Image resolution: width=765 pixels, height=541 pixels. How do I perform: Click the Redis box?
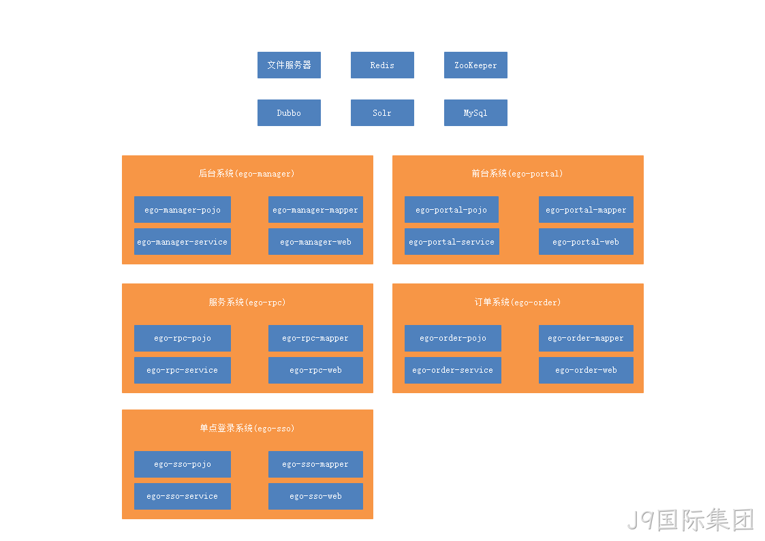pyautogui.click(x=382, y=65)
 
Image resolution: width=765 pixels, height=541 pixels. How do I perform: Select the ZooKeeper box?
pyautogui.click(x=475, y=65)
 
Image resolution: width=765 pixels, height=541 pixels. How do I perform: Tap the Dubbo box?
pyautogui.click(x=289, y=112)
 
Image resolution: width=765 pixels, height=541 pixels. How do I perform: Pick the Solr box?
pyautogui.click(x=382, y=112)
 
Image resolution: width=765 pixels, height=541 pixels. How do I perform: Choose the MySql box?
pyautogui.click(x=475, y=112)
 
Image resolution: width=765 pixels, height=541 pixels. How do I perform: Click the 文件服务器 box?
pyautogui.click(x=289, y=65)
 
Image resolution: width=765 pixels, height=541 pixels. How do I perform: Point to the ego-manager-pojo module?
pyautogui.click(x=183, y=209)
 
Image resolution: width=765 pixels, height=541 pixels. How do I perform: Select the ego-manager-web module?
pyautogui.click(x=315, y=241)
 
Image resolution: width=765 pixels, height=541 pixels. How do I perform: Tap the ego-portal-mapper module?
pyautogui.click(x=586, y=209)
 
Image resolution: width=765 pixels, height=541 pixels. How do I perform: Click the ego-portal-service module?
pyautogui.click(x=452, y=241)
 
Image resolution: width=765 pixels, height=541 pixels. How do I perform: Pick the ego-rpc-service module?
pyautogui.click(x=183, y=370)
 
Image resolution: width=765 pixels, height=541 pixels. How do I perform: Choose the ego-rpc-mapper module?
pyautogui.click(x=315, y=338)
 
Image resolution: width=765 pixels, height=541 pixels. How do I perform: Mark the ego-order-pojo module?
pyautogui.click(x=453, y=338)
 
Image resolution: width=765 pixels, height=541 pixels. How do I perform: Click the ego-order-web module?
pyautogui.click(x=586, y=370)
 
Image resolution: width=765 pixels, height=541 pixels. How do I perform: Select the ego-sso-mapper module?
pyautogui.click(x=315, y=464)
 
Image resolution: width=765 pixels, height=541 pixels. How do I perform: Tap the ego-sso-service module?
pyautogui.click(x=183, y=496)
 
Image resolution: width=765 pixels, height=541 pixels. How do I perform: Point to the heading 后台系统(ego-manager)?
pyautogui.click(x=247, y=174)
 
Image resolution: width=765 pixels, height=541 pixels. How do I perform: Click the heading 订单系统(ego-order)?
pyautogui.click(x=518, y=303)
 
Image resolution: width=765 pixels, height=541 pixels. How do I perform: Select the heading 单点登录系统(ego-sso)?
pyautogui.click(x=247, y=429)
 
